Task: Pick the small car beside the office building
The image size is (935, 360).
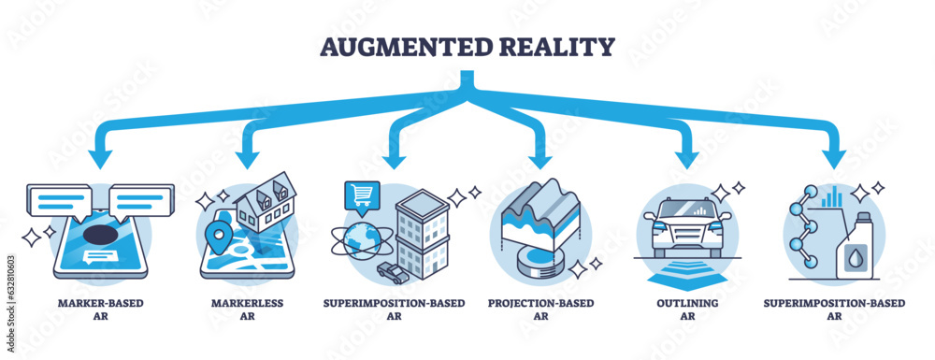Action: tap(394, 270)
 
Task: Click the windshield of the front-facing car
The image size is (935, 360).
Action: tap(684, 209)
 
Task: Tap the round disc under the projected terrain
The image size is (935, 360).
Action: tap(537, 262)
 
